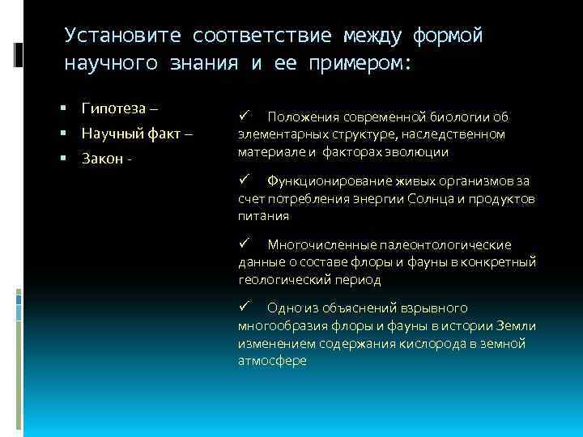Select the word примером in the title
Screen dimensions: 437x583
pyautogui.click(x=360, y=63)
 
